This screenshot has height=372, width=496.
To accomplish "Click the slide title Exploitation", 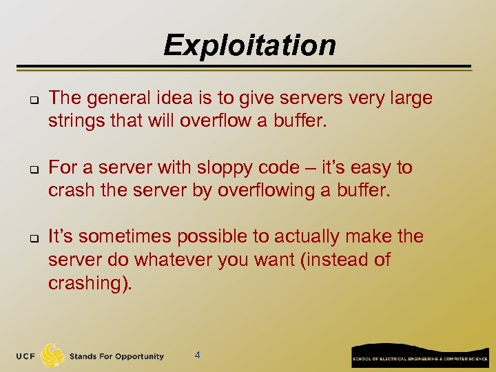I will pos(249,45).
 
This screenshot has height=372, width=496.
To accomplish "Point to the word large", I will pos(410,99).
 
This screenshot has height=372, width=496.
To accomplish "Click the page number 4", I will pos(198,355).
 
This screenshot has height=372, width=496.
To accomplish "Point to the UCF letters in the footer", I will pos(27,356).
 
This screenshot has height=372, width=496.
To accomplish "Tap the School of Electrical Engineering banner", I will pos(420,357).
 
